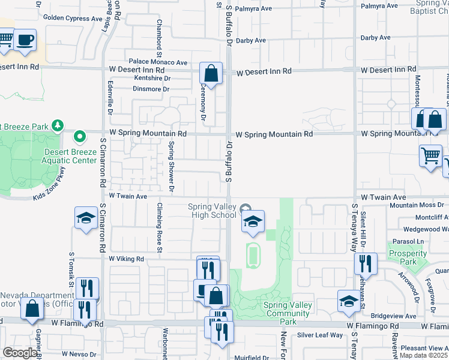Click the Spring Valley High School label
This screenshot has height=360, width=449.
[212, 211]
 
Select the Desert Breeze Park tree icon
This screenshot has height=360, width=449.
[57, 126]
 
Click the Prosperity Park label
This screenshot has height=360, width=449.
[407, 257]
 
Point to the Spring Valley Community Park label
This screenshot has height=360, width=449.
[288, 313]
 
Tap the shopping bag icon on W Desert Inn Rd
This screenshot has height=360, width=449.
[211, 74]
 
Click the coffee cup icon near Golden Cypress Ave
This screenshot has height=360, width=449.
[25, 40]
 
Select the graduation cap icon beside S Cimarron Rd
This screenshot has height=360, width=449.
[86, 218]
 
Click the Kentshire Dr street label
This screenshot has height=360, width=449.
[152, 78]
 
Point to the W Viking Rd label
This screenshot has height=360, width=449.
[127, 259]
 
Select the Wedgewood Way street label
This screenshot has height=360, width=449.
[422, 229]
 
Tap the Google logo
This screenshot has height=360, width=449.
[20, 353]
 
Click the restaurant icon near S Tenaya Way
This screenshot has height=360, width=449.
[364, 264]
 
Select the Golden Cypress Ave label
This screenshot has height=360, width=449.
[73, 19]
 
